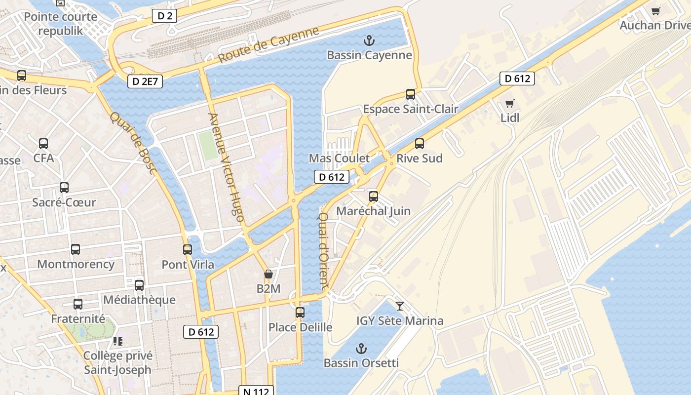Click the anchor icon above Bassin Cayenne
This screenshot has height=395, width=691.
369,40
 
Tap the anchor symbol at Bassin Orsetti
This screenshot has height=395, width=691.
362,349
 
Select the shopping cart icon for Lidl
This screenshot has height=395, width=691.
510,104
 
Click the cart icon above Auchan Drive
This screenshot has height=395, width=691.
656,11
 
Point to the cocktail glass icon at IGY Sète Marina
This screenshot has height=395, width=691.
400,306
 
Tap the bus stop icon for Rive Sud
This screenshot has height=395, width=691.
420,144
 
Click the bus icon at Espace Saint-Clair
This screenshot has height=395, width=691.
411,94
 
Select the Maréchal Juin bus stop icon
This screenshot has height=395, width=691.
374,197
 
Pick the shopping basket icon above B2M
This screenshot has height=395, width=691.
269,274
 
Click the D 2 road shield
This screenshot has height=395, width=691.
164,16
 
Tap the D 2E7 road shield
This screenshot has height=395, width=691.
145,81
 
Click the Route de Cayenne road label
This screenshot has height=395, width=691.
269,44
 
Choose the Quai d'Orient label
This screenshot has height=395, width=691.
323,250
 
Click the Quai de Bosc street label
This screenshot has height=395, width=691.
133,143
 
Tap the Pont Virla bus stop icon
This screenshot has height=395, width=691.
188,250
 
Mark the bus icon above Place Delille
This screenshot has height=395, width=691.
300,313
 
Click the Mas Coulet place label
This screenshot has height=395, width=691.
339,158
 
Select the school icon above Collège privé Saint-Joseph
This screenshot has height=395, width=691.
117,341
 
